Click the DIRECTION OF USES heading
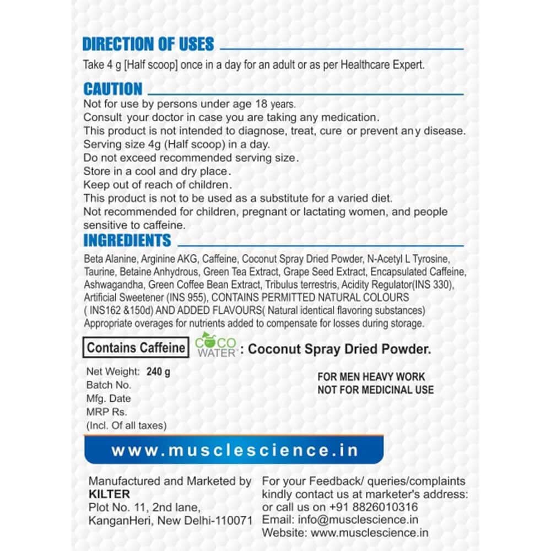(148, 44)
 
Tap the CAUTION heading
(112, 89)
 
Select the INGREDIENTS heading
(127, 241)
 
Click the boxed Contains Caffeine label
(136, 348)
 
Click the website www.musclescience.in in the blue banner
(235, 450)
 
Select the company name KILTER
(109, 494)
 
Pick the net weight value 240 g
(159, 371)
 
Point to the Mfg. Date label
(109, 398)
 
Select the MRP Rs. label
(107, 412)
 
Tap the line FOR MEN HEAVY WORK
(371, 377)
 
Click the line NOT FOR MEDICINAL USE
(375, 390)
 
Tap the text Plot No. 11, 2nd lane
(141, 507)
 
